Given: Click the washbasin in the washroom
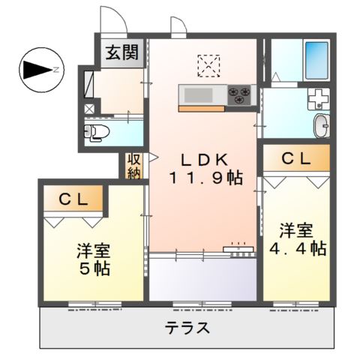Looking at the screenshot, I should click(321, 126).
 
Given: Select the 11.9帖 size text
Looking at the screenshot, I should click(205, 178).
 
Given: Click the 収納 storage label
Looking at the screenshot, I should click(134, 166).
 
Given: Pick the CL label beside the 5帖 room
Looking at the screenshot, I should click(75, 199).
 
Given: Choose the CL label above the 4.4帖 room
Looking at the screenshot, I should click(295, 157).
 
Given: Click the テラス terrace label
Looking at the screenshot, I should click(185, 328).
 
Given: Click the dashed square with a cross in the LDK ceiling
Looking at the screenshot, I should click(207, 66).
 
